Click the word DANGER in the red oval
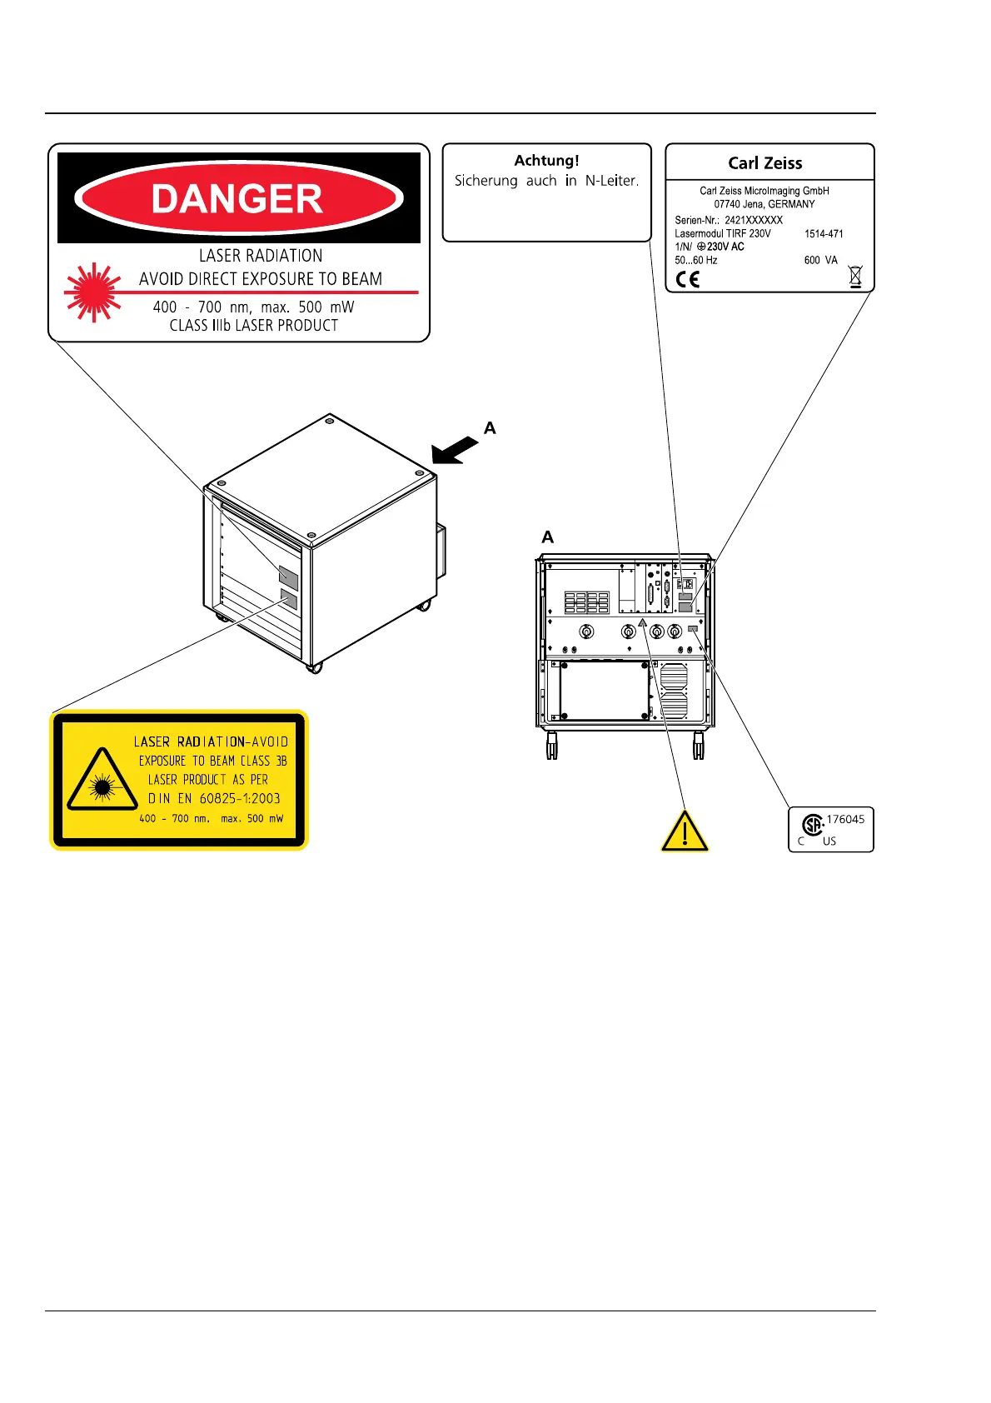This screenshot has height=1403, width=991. click(237, 199)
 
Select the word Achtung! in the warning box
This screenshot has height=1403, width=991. click(546, 161)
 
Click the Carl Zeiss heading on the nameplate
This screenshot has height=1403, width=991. click(764, 163)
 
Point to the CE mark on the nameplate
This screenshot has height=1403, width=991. click(688, 279)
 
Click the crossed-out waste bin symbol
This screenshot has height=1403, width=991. click(855, 276)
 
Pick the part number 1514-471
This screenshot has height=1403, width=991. click(824, 234)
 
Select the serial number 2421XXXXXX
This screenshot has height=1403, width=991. click(754, 221)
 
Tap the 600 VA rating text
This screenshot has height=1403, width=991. click(820, 261)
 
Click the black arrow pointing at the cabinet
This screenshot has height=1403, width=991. click(454, 450)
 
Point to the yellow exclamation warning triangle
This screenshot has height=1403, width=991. click(684, 831)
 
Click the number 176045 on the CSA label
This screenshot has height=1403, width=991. click(845, 820)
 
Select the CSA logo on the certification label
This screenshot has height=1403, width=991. click(813, 825)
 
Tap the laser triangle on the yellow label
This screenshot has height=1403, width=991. click(102, 781)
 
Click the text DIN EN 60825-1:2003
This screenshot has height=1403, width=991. click(215, 798)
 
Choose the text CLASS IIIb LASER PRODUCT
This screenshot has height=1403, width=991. click(254, 326)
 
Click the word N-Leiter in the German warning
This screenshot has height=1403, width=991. click(611, 181)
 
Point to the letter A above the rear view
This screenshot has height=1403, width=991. click(547, 537)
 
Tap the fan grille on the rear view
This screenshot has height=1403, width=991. click(673, 692)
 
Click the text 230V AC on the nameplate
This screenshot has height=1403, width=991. click(725, 247)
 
